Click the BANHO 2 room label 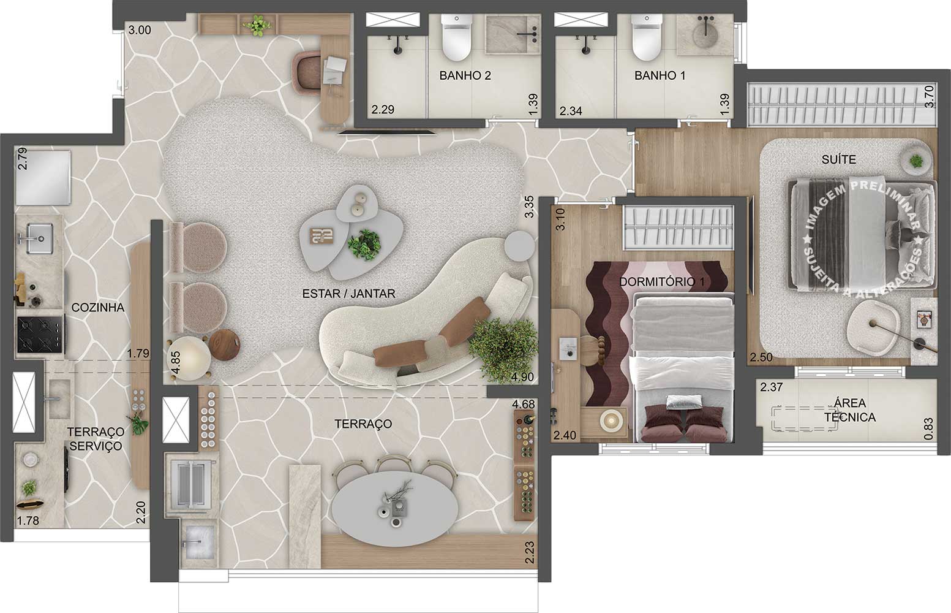[x=465, y=76]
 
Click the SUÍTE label [x=838, y=159]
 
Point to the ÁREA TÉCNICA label [x=849, y=410]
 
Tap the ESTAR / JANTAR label [x=348, y=294]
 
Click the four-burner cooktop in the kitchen [x=40, y=334]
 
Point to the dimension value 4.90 [x=522, y=377]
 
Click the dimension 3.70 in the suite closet [x=928, y=97]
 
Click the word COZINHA [x=98, y=308]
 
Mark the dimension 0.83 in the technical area [x=928, y=428]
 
